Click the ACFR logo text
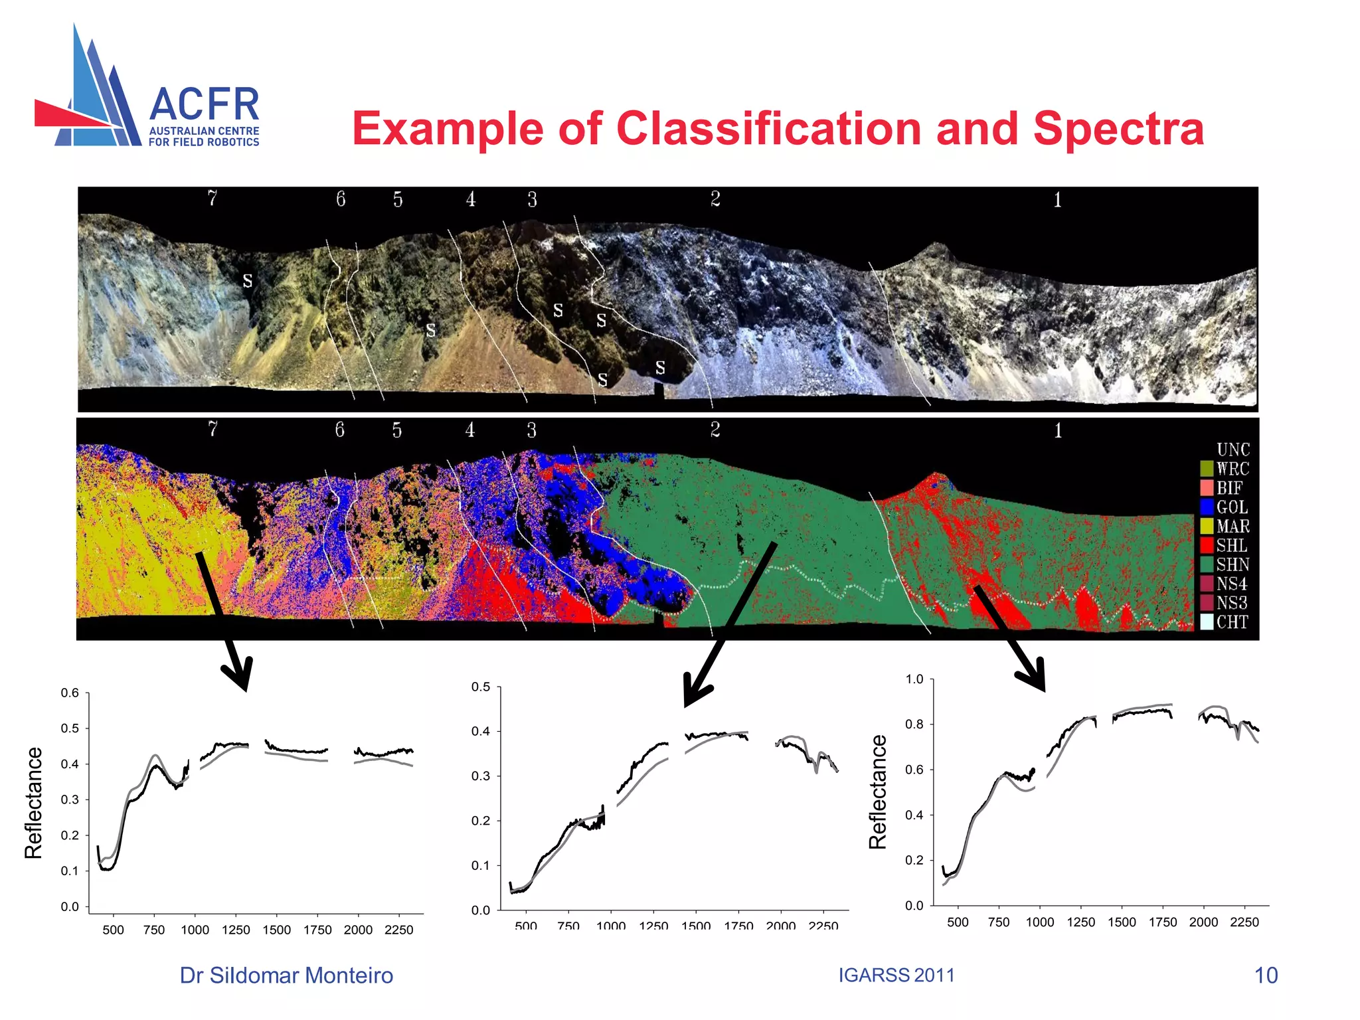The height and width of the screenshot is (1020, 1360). pos(204,105)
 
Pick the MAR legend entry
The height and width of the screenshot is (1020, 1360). pos(1225,527)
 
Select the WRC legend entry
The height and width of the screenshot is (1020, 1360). pos(1225,469)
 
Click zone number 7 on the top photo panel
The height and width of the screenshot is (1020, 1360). pos(212,199)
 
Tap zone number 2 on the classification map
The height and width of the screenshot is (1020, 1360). pos(715,430)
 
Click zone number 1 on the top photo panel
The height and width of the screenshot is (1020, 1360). pos(1057,200)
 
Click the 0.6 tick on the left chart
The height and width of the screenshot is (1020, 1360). pos(70,693)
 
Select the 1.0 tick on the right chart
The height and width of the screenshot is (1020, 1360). pos(914,679)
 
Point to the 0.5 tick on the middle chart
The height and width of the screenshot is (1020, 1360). pos(481,687)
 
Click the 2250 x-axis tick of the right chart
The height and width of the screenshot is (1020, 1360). pos(1244,922)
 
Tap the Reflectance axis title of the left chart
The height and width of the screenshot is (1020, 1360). pos(33,803)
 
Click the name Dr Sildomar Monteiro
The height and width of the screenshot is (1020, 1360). pos(286,976)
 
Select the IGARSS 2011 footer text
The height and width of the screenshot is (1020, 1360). pos(896,976)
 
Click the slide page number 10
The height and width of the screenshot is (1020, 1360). pos(1266,976)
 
